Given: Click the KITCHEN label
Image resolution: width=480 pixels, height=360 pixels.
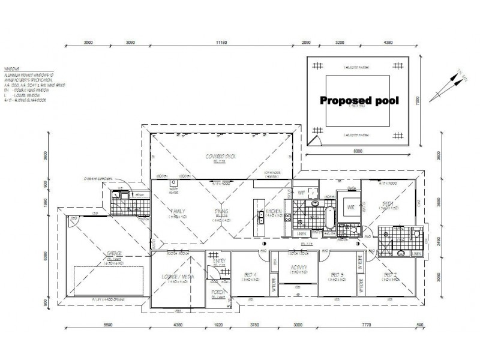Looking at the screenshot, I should click(274, 211).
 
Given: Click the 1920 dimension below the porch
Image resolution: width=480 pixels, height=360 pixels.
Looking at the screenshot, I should click(217, 326).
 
